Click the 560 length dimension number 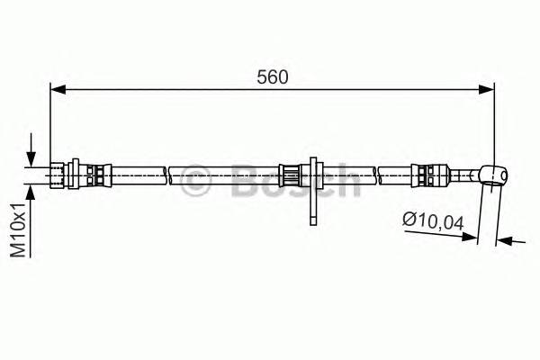(272, 77)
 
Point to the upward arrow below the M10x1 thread (32, 193)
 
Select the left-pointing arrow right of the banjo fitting (505, 240)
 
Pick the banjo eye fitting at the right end (492, 172)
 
